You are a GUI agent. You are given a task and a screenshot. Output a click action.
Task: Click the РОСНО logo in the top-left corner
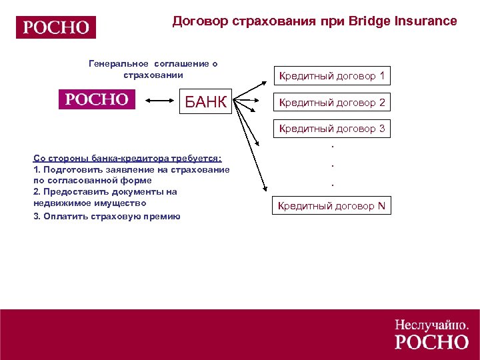tap(56, 27)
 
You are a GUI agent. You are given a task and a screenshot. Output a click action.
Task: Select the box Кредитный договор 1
tap(331, 76)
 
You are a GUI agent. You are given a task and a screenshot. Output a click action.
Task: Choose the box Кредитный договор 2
tap(331, 103)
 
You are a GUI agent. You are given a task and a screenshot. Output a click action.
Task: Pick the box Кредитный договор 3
tap(331, 129)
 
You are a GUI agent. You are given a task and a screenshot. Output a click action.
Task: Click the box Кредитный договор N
tap(331, 205)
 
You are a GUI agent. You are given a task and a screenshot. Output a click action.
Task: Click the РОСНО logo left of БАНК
tap(96, 99)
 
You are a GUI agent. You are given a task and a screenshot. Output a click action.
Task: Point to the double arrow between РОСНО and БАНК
tap(159, 101)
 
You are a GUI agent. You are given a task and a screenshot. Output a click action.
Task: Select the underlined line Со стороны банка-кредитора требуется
tap(127, 158)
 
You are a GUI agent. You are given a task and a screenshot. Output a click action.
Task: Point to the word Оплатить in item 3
tap(61, 216)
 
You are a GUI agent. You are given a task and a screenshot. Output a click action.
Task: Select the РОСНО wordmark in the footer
tap(432, 342)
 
